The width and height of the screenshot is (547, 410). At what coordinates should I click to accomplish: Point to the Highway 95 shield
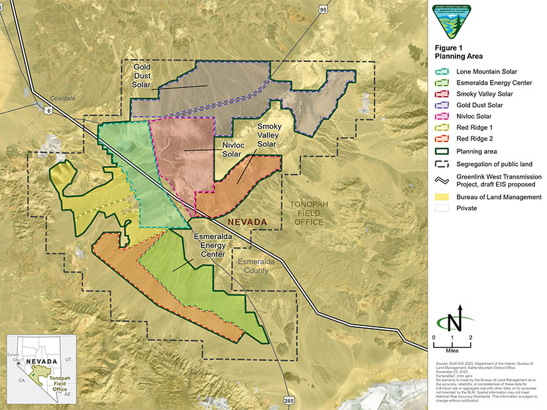pos(323,10)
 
